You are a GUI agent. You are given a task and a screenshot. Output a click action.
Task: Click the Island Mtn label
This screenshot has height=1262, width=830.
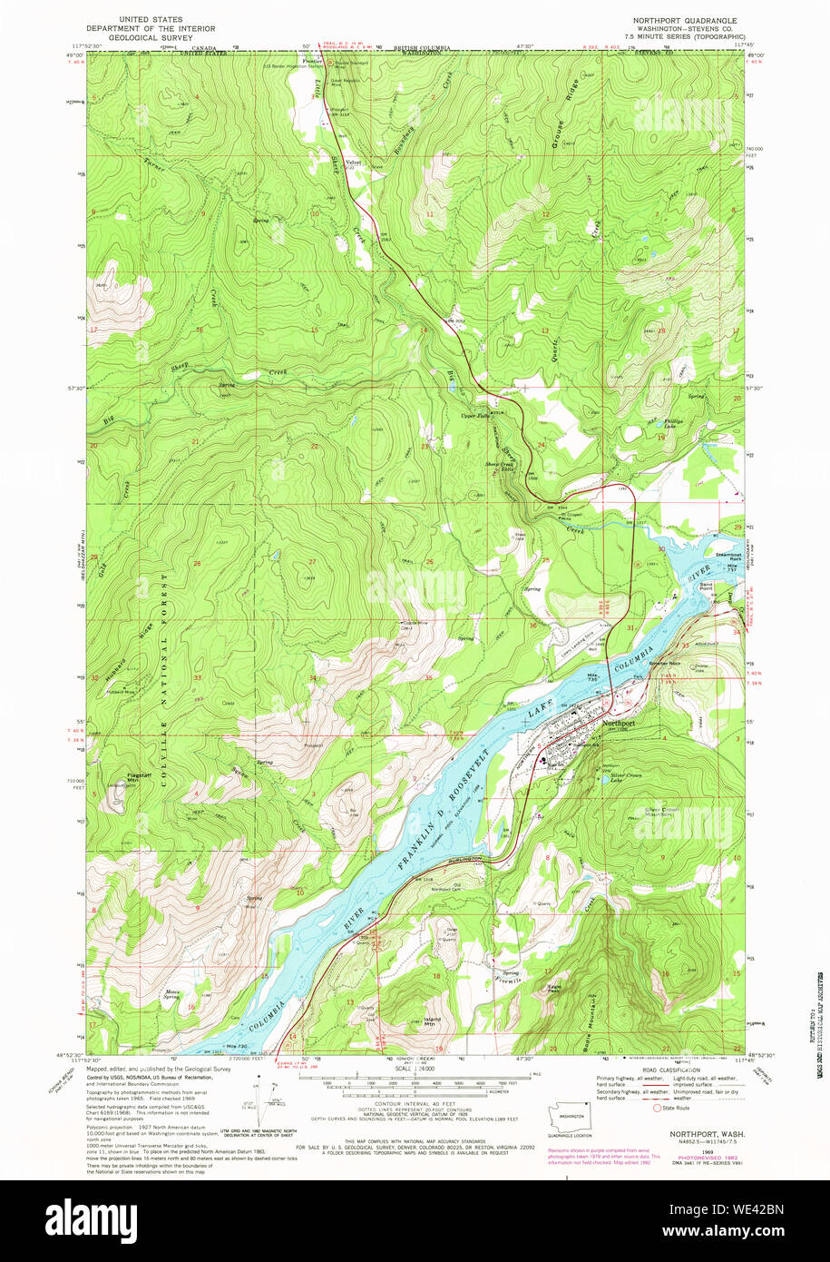pos(433,1020)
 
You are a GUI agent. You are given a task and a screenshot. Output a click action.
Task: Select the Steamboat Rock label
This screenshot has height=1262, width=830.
pos(728,556)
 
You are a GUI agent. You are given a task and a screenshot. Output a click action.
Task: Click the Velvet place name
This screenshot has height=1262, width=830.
pos(342,161)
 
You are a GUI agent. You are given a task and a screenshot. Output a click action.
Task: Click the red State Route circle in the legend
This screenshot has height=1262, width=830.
pos(657,1107)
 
